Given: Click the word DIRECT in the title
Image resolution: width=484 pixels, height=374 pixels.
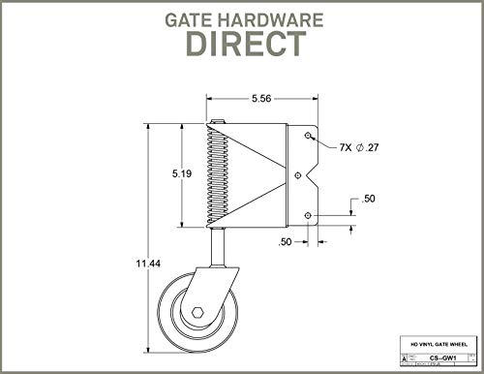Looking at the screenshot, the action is click(x=241, y=45).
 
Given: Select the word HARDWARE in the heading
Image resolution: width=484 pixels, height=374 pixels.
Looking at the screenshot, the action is click(x=273, y=17).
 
